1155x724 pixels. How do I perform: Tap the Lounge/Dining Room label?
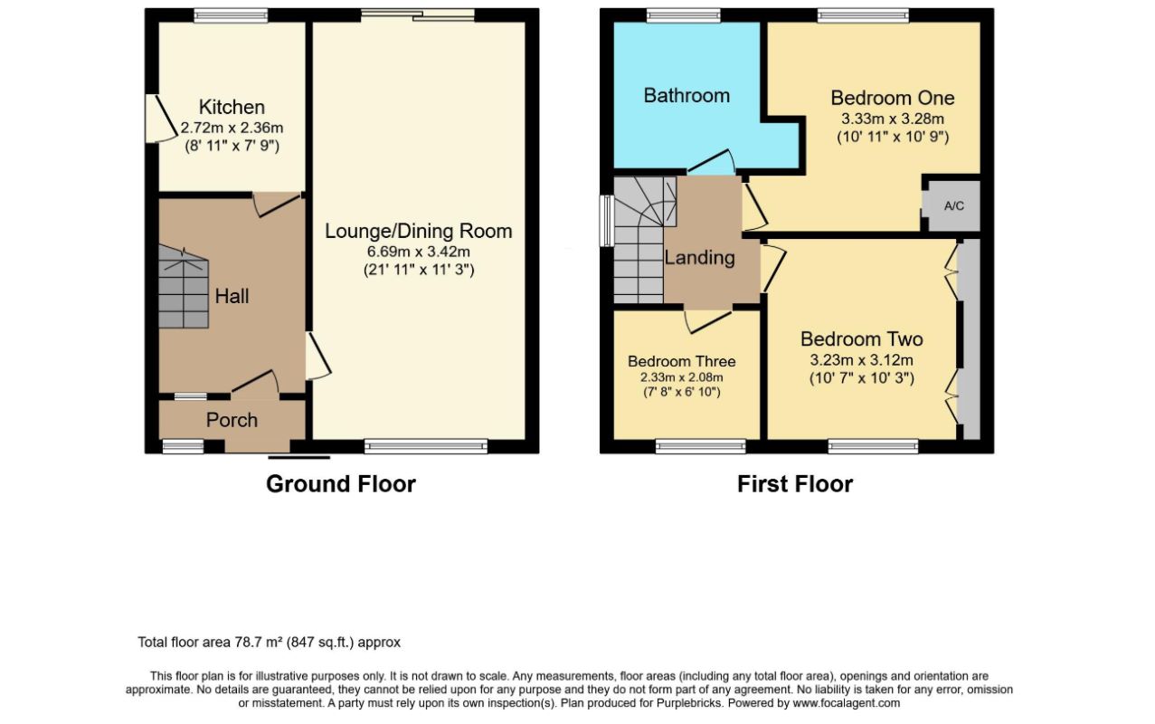pos(418,232)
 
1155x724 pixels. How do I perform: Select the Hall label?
pos(232,296)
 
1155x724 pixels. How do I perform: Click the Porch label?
pos(232,420)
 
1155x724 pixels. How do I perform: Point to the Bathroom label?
pos(686,95)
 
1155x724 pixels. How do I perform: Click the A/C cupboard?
pos(953,205)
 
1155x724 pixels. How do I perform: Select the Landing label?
pos(699,258)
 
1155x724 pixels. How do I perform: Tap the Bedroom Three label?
pos(681,361)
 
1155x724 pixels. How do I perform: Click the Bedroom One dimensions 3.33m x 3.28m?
pos(892,119)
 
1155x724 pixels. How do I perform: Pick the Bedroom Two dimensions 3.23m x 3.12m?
pos(861,360)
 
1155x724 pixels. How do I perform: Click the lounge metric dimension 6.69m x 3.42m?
pos(418,252)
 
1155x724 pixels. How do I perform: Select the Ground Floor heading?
pos(340,484)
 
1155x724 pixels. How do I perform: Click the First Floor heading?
pos(794,484)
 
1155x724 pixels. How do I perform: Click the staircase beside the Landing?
pos(640,240)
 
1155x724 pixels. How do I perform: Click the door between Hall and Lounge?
pos(318,356)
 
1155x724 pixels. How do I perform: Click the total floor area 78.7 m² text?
pos(269,643)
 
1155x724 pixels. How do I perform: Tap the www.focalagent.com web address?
pos(846,703)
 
